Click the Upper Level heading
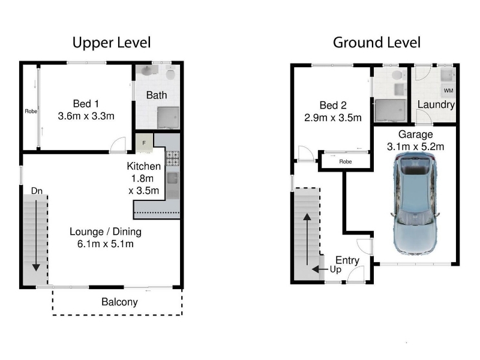(x=112, y=43)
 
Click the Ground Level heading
(x=377, y=43)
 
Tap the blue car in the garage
(x=415, y=203)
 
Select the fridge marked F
(x=144, y=142)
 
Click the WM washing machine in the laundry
(x=448, y=91)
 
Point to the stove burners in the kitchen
(x=172, y=158)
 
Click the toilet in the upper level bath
(x=170, y=73)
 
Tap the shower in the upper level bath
(x=169, y=118)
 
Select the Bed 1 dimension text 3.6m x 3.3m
(x=86, y=116)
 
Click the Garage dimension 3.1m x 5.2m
(x=415, y=146)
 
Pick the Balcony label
(x=119, y=302)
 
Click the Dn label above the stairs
(x=37, y=191)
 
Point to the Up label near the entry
(x=335, y=269)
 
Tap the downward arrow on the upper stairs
(x=36, y=236)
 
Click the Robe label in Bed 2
(x=346, y=161)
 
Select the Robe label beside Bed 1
(x=31, y=112)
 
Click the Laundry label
(x=436, y=104)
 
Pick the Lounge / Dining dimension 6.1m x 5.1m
(x=106, y=244)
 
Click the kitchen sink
(x=172, y=178)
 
